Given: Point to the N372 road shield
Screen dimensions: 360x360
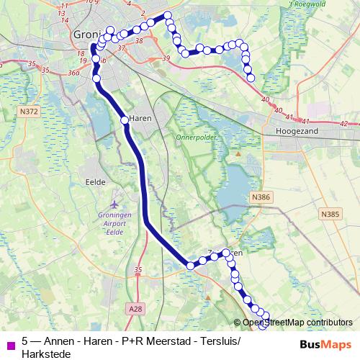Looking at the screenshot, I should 30,112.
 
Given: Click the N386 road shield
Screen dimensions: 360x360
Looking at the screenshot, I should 260,196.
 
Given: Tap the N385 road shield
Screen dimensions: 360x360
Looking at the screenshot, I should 330,214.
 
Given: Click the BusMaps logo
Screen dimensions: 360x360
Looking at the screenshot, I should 326,344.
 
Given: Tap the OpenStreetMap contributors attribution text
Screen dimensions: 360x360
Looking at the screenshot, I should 297,323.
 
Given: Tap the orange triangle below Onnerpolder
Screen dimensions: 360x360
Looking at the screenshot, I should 238,153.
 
